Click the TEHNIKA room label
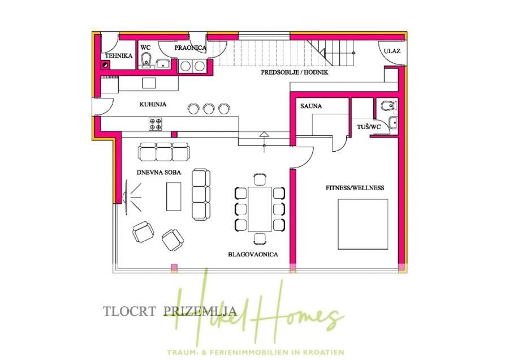pyautogui.click(x=118, y=55)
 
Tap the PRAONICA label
pyautogui.click(x=190, y=48)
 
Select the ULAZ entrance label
pyautogui.click(x=392, y=51)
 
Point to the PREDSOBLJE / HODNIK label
pyautogui.click(x=295, y=73)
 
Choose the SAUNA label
pyautogui.click(x=312, y=106)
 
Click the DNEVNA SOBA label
pyautogui.click(x=159, y=172)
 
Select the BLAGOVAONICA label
pyautogui.click(x=253, y=255)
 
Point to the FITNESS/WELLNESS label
pyautogui.click(x=355, y=187)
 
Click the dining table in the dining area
pyautogui.click(x=260, y=208)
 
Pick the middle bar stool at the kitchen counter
pyautogui.click(x=209, y=108)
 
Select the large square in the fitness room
pyautogui.click(x=363, y=224)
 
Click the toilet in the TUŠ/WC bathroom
pyautogui.click(x=386, y=105)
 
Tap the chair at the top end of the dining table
pyautogui.click(x=260, y=179)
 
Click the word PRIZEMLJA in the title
pyautogui.click(x=191, y=310)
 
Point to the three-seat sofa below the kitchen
pyautogui.click(x=163, y=152)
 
